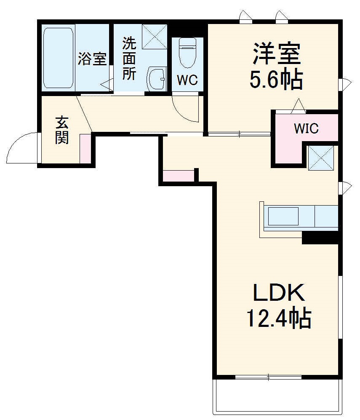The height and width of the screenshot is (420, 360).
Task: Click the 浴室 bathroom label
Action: (92, 59)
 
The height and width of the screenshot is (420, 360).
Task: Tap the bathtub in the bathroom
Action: (58, 58)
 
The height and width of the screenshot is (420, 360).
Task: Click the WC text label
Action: (187, 80)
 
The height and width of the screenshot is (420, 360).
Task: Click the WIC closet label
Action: (306, 128)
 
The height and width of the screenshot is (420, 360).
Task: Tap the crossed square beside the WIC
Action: (320, 158)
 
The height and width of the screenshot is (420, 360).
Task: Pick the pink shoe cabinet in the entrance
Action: (85, 148)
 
